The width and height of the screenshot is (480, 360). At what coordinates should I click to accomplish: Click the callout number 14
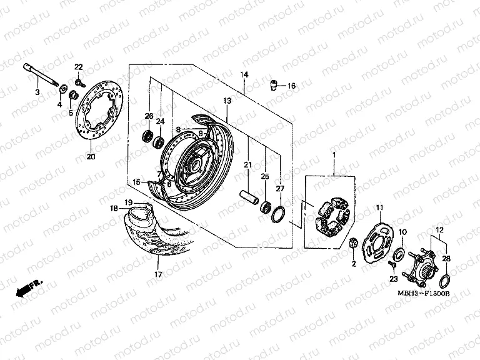[x=244, y=74]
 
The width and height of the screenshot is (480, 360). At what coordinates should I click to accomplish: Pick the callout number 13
[x=227, y=100]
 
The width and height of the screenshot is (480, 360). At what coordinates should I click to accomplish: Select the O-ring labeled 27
[x=279, y=212]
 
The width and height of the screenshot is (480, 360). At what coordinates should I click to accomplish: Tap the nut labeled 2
[x=352, y=242]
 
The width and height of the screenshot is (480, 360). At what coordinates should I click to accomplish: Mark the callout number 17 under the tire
[x=157, y=274]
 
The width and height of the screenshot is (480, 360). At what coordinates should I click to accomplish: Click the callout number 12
[x=439, y=229]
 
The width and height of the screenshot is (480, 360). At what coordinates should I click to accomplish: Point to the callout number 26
[x=149, y=116]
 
